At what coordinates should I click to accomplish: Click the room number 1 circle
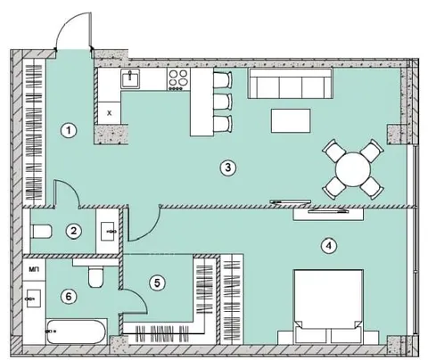[69, 130]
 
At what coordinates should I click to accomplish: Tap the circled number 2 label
[73, 231]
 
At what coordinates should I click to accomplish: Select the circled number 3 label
[227, 168]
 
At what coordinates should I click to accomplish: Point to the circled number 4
[328, 246]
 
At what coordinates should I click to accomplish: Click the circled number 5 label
[157, 282]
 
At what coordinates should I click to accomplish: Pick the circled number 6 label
[69, 296]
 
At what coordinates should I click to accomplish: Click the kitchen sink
[130, 78]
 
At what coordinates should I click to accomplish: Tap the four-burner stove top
[178, 79]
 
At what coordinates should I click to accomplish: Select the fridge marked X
[110, 113]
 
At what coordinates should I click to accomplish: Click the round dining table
[353, 169]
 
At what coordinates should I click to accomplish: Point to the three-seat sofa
[290, 84]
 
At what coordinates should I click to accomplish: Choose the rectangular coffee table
[291, 120]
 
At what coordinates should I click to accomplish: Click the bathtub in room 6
[77, 331]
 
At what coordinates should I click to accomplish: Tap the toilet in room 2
[41, 232]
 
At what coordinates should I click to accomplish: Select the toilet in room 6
[96, 276]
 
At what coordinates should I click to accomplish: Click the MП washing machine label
[33, 269]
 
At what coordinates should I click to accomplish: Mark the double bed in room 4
[328, 307]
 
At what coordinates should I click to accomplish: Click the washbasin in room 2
[109, 232]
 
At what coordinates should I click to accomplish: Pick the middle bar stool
[222, 102]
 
